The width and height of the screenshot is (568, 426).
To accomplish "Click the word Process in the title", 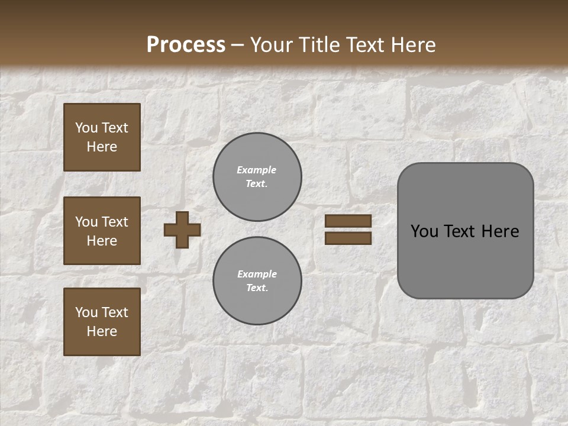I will pos(186,44).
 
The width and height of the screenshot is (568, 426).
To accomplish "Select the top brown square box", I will pos(102,137).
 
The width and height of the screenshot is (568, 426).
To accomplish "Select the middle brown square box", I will pos(102,231).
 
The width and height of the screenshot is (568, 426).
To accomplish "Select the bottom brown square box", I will pos(102,322).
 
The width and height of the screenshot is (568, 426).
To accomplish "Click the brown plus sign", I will pos(182,230).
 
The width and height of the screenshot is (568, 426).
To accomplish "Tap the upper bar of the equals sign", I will pos(348,221).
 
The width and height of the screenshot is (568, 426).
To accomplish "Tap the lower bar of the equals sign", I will pos(348,238).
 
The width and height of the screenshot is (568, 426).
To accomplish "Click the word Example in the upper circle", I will pos(257,170).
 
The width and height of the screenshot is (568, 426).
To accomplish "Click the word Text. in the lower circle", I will pos(257,288).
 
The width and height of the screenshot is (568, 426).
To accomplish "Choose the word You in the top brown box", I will pos(86,128).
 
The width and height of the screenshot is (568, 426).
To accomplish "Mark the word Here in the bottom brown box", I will pos(102,331).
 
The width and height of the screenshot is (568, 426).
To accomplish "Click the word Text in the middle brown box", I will pos(115,222).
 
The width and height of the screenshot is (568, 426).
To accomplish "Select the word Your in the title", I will pos(270,44).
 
